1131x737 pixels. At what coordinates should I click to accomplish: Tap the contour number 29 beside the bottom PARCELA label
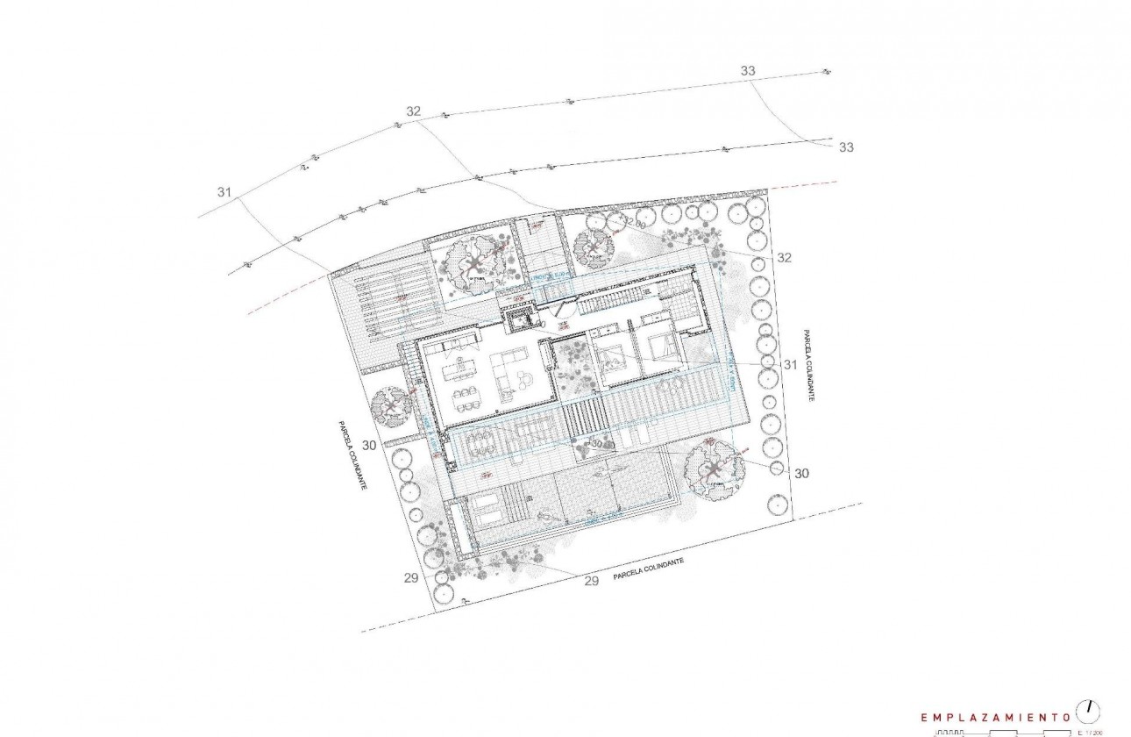pyautogui.click(x=591, y=581)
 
